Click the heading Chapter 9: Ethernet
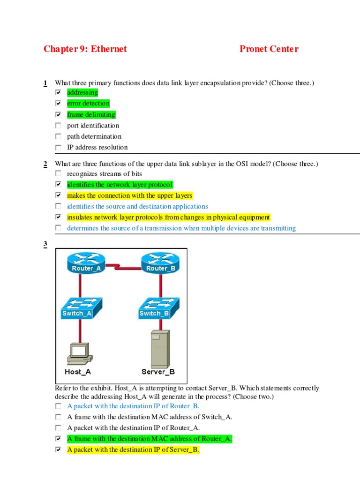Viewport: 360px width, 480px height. (85, 49)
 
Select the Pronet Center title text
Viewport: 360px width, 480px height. (269, 49)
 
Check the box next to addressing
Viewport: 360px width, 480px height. (58, 92)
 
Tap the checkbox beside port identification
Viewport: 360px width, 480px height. (58, 126)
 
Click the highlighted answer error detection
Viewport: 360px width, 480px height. (88, 104)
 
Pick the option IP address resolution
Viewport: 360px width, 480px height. (97, 147)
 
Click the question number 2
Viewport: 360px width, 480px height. (45, 164)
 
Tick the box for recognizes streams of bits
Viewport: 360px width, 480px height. (58, 174)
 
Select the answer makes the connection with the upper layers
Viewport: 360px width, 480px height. (129, 195)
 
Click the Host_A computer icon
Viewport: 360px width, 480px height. (78, 354)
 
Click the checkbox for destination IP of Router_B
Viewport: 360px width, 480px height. (58, 406)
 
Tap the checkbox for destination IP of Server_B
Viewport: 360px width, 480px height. (58, 450)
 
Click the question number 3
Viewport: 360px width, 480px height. (45, 244)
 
